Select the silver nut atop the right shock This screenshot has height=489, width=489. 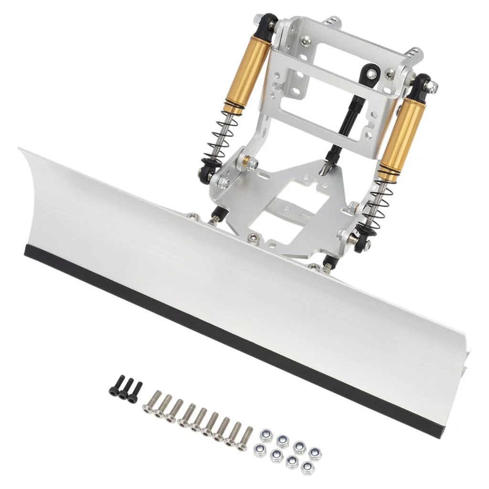(x=433, y=86)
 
